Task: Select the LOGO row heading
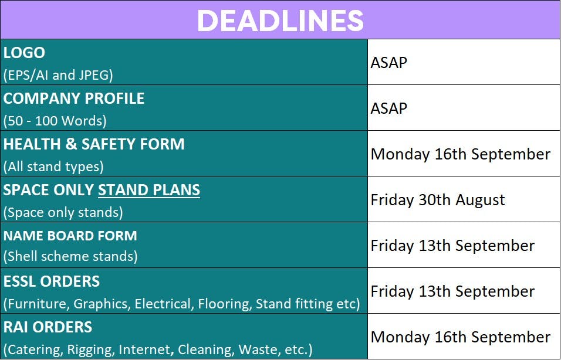[24, 53]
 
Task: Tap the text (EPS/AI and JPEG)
[58, 75]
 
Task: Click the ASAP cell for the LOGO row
[388, 63]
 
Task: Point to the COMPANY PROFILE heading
[74, 99]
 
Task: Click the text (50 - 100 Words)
[55, 121]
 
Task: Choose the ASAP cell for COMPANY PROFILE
[388, 108]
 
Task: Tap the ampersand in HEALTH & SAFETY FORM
[71, 144]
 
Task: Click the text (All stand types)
[53, 167]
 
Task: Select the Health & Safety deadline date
[461, 154]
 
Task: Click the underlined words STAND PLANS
[149, 190]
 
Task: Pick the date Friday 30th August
[438, 200]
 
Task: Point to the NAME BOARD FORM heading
[70, 236]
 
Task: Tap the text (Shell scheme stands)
[70, 256]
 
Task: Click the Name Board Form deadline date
[452, 246]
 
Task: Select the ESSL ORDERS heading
[52, 281]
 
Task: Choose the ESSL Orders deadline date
[452, 291]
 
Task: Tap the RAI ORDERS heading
[48, 327]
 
